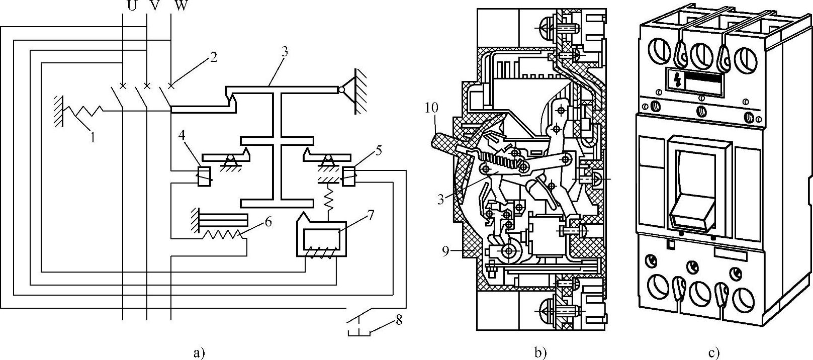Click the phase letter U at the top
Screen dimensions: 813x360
pyautogui.click(x=132, y=6)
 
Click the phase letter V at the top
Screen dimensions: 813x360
pyautogui.click(x=155, y=6)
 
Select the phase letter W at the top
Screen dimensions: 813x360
pyautogui.click(x=180, y=6)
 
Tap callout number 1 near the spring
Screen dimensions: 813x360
pyautogui.click(x=93, y=138)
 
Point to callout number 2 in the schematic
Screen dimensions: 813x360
pyautogui.click(x=213, y=57)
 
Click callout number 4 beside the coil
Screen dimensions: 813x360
pyautogui.click(x=182, y=136)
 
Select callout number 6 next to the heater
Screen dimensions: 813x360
pyautogui.click(x=268, y=222)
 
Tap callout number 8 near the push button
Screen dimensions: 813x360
pyautogui.click(x=399, y=320)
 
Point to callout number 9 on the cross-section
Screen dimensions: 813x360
pyautogui.click(x=445, y=251)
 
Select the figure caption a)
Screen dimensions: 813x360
pyautogui.click(x=199, y=353)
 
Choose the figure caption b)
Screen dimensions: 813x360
pyautogui.click(x=540, y=353)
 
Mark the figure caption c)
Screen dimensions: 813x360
pyautogui.click(x=714, y=353)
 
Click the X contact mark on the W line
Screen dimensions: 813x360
pyautogui.click(x=170, y=86)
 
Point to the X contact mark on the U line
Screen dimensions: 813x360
pyautogui.click(x=123, y=86)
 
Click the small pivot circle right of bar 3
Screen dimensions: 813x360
pyautogui.click(x=341, y=89)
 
